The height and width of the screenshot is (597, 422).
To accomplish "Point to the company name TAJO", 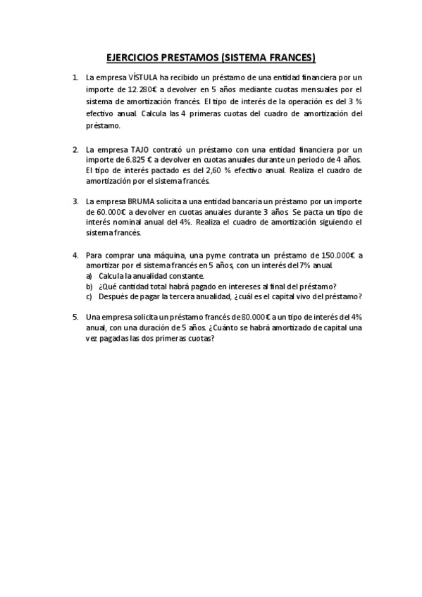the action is pyautogui.click(x=141, y=149).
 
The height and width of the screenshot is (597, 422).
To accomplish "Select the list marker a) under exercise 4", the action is pyautogui.click(x=89, y=275).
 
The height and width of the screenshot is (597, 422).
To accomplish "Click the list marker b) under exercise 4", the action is pyautogui.click(x=89, y=286).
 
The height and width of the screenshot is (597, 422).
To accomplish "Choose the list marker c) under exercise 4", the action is pyautogui.click(x=89, y=296).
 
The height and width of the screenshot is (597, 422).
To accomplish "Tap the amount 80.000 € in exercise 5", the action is pyautogui.click(x=254, y=318).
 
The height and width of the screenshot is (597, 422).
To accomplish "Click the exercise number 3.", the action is pyautogui.click(x=75, y=201).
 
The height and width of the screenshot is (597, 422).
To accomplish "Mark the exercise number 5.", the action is pyautogui.click(x=75, y=318).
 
